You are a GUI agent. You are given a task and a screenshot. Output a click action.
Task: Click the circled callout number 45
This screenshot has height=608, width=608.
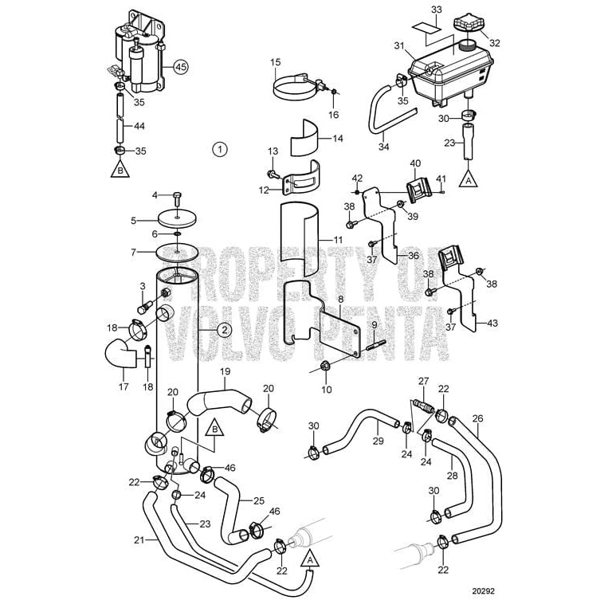click(181, 68)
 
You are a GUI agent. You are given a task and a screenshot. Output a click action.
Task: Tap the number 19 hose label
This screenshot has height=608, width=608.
click(225, 371)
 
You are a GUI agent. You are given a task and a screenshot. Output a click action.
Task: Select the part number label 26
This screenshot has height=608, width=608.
click(477, 418)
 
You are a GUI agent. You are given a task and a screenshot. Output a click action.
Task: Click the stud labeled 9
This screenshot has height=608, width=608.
click(376, 347)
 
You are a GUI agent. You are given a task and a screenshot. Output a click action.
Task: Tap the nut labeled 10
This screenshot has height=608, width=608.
click(325, 367)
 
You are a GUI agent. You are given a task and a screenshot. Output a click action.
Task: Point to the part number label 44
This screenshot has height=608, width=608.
click(139, 126)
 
